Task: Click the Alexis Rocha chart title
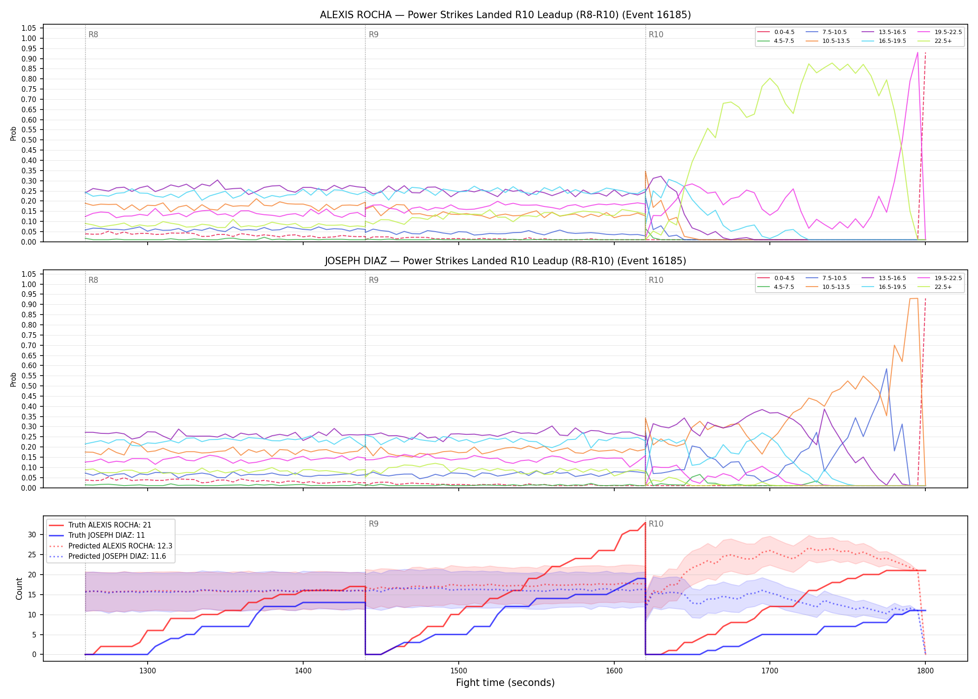pos(505,15)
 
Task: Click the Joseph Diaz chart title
pos(505,261)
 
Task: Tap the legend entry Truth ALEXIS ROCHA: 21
pos(100,525)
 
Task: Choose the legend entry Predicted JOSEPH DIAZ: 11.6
pos(110,556)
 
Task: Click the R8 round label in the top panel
pos(93,34)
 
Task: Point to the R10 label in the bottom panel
pos(656,524)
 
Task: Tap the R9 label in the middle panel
pos(374,280)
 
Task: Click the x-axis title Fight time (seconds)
pos(505,683)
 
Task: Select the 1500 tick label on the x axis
pos(459,671)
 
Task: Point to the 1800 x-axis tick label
pos(925,671)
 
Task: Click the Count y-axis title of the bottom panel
pos(19,589)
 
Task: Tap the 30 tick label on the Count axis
pos(32,535)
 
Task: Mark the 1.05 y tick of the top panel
pos(29,28)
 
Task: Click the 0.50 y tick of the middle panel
pos(29,386)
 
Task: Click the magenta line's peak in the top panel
pos(917,52)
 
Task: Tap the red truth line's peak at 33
pos(645,522)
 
